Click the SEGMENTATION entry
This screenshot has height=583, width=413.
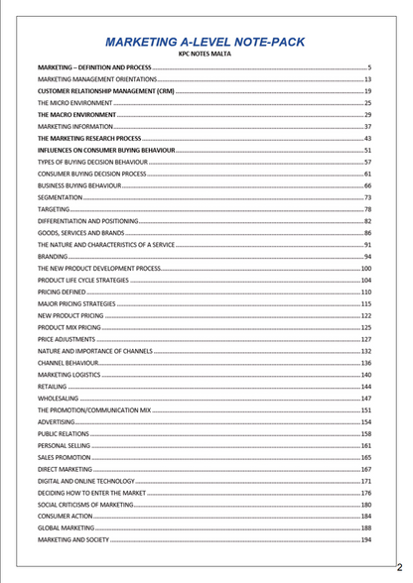60,197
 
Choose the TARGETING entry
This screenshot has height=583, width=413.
54,209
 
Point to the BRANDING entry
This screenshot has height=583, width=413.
54,257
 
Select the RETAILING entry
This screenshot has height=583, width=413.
53,387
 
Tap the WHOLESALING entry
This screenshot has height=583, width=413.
58,399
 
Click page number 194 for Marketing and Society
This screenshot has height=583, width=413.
365,540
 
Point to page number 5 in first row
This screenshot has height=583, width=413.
368,66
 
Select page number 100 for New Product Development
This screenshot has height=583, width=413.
365,269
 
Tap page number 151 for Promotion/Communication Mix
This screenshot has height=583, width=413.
365,410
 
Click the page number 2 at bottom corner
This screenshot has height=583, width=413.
399,567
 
